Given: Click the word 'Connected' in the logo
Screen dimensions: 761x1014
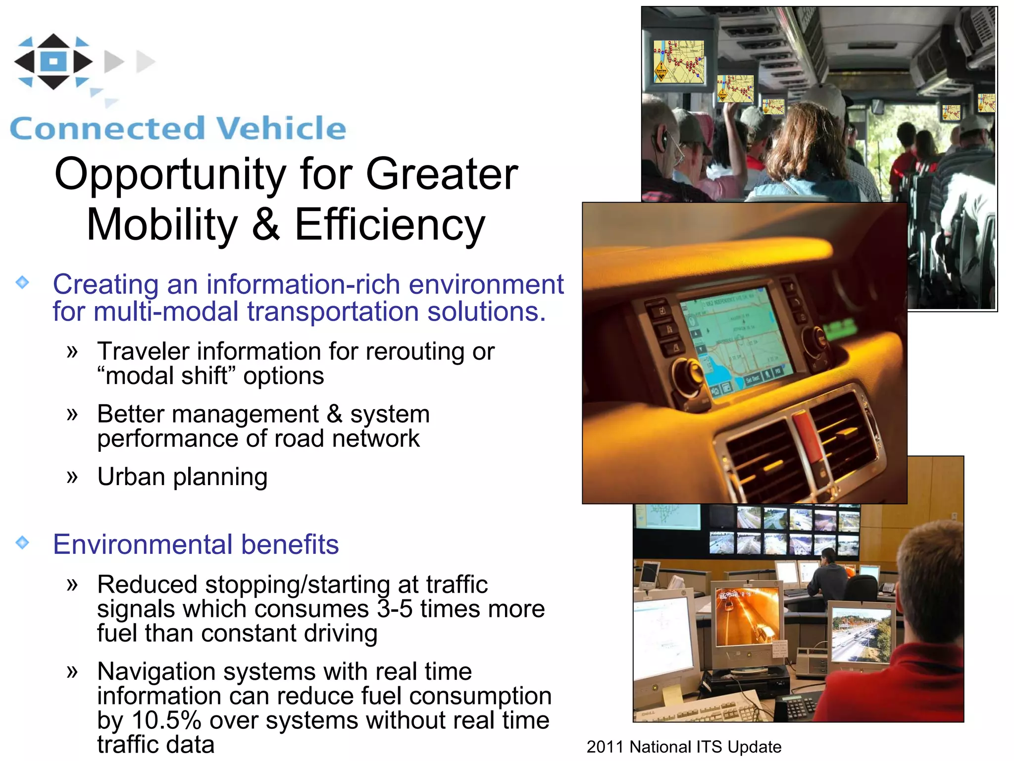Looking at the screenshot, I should click(107, 129).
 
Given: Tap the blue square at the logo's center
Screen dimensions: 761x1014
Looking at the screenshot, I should click(53, 61).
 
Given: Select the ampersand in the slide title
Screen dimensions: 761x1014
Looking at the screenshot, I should click(266, 224).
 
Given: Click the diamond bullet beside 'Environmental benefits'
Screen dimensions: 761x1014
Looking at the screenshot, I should click(22, 543).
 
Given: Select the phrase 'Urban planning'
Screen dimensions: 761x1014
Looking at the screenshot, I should click(182, 477).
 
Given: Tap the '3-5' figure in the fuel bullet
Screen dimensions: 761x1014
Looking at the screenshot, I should click(395, 609).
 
